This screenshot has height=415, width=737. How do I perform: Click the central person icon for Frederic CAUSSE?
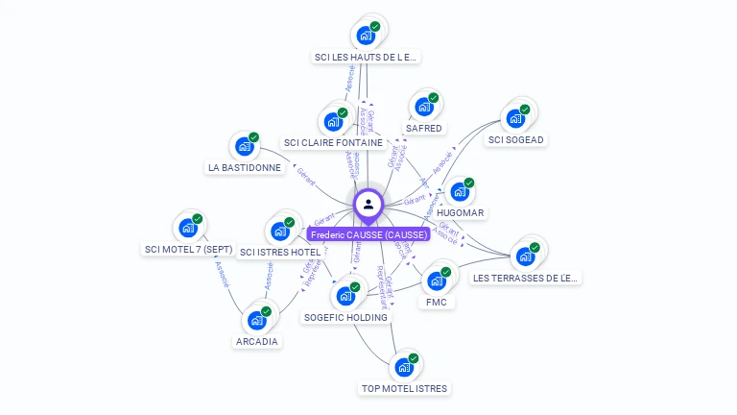coord(368,205)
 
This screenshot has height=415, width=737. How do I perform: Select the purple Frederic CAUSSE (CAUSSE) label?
coord(368,234)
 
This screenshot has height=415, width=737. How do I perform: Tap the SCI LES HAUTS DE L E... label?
coord(367,57)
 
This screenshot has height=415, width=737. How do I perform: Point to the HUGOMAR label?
coord(461,212)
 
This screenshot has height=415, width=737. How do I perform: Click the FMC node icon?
coord(437,281)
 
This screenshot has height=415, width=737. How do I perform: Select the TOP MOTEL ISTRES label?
coord(404,388)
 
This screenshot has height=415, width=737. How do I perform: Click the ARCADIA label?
coord(257,341)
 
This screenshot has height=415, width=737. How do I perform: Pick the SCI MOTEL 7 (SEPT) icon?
coord(188,229)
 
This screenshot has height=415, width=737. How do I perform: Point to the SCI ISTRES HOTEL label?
coord(280,252)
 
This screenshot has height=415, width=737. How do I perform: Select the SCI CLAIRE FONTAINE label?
coord(333,142)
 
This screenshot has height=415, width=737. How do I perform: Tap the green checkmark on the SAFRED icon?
coord(433,98)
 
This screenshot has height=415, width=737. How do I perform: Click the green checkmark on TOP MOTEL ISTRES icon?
coord(414,358)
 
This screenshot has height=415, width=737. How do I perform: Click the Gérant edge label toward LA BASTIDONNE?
coord(306,176)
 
